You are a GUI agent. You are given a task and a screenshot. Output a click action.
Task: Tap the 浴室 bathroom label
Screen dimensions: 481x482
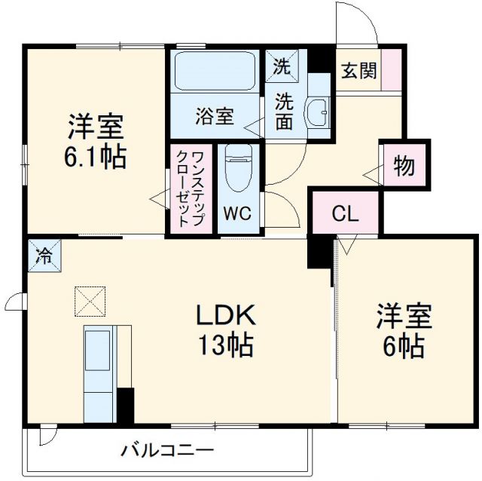(x=215, y=117)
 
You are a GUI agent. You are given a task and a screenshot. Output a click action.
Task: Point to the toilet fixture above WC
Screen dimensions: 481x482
(x=239, y=170)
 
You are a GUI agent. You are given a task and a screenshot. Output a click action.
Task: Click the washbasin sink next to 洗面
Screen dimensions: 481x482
(x=318, y=112)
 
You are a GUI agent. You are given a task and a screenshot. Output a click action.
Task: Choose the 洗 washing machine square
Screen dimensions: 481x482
(x=281, y=66)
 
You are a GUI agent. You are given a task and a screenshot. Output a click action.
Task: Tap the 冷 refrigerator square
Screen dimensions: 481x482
(x=44, y=255)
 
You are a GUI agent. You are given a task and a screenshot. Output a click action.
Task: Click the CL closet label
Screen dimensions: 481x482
(x=345, y=213)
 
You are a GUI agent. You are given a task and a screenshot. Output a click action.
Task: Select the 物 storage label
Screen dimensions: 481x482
(x=404, y=165)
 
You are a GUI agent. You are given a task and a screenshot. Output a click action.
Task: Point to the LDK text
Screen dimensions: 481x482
(x=227, y=315)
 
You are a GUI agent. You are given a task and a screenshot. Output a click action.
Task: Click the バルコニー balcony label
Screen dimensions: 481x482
(x=167, y=452)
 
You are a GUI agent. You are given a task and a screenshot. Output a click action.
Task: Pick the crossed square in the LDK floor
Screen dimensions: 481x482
(x=89, y=302)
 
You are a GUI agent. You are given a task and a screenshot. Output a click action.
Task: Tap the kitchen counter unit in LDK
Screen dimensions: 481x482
(x=99, y=373)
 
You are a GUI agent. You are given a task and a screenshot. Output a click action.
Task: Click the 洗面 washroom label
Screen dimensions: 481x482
(x=283, y=111)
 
